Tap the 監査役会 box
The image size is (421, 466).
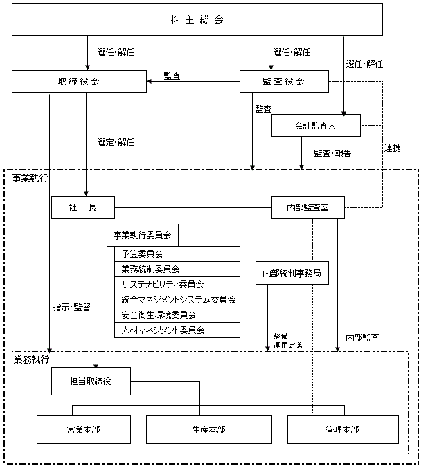(283, 82)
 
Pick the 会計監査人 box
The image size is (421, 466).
(316, 125)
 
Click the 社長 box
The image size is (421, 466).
(82, 207)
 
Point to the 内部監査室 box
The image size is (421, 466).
(307, 207)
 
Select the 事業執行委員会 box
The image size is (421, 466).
(143, 235)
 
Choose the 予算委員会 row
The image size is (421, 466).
(177, 253)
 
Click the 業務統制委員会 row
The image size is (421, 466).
(177, 269)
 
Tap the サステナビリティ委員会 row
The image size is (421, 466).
(177, 284)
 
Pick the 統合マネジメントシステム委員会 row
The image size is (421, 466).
(177, 299)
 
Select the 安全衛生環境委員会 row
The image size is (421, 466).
(177, 314)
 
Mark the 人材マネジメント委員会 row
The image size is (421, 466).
(177, 330)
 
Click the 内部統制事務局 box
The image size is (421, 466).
(292, 273)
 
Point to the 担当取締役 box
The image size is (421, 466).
(89, 380)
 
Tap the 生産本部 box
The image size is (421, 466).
(208, 429)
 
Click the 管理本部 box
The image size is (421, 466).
(342, 429)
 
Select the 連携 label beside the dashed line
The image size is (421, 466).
(393, 148)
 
